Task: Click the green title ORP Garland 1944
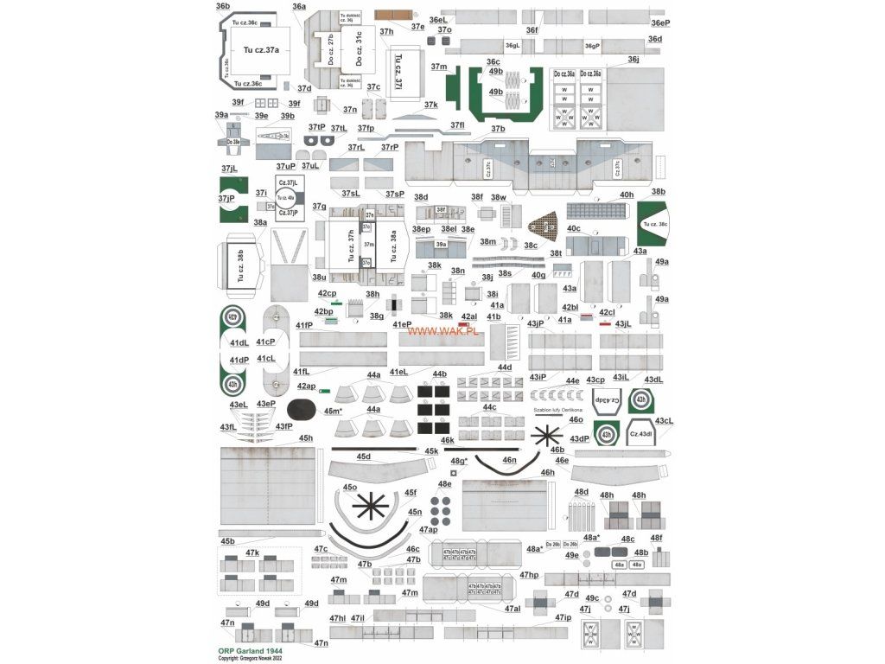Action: (x=250, y=649)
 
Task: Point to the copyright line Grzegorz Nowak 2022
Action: (x=251, y=658)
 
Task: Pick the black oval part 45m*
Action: (x=300, y=408)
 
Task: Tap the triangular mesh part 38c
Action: (x=543, y=226)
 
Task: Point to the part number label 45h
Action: (x=306, y=438)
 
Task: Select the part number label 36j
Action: (x=634, y=59)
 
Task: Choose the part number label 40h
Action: (x=627, y=195)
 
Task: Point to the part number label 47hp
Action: (x=529, y=575)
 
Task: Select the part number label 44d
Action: (x=504, y=367)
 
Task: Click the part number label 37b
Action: (x=498, y=129)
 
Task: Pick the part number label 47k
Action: (x=252, y=552)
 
